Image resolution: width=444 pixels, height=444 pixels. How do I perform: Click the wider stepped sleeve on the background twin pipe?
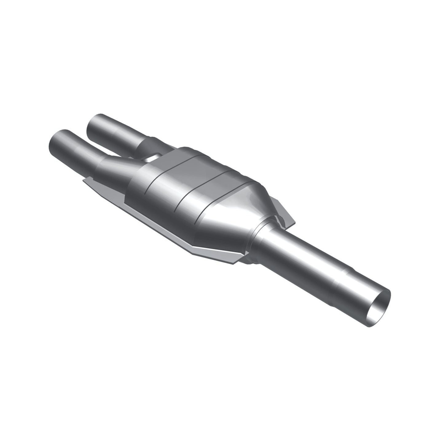pyautogui.click(x=151, y=144)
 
